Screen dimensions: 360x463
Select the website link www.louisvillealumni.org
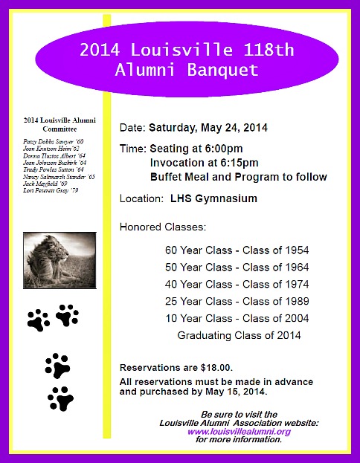pyautogui.click(x=239, y=431)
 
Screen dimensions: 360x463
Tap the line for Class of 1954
pyautogui.click(x=237, y=250)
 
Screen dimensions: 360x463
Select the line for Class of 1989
pyautogui.click(x=237, y=301)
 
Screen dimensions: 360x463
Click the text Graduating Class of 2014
pyautogui.click(x=239, y=335)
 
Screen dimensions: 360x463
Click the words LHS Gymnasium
pyautogui.click(x=213, y=198)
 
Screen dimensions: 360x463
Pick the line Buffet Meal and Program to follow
pyautogui.click(x=238, y=177)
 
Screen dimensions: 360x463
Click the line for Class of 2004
pyautogui.click(x=237, y=318)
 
